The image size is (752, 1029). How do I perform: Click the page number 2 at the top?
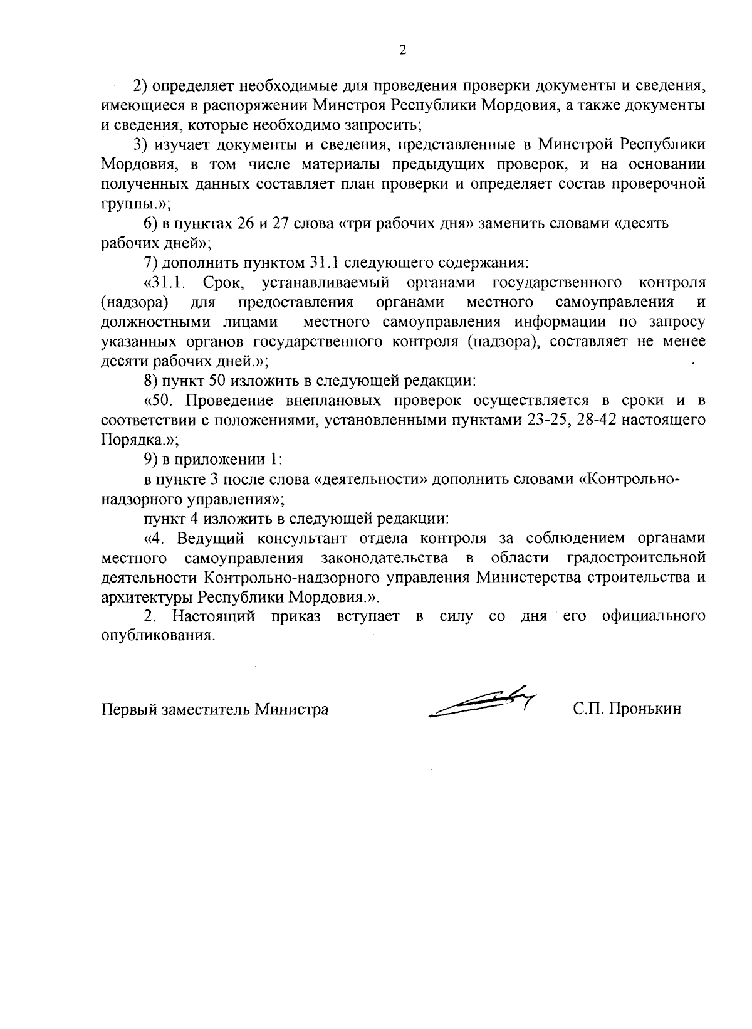click(402, 51)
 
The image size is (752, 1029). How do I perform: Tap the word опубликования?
click(157, 635)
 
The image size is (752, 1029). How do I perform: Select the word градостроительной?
click(635, 557)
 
